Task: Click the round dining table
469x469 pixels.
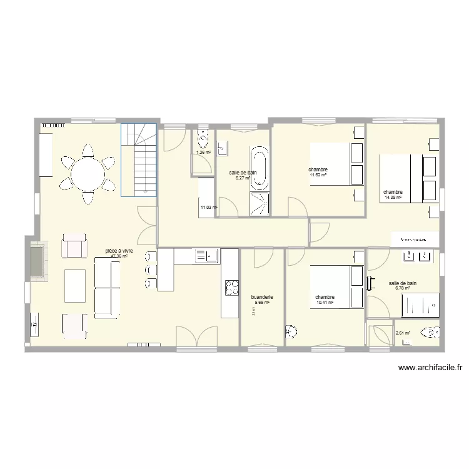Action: tap(88, 173)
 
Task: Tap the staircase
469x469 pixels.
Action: tap(139, 159)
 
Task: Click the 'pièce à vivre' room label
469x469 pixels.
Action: tap(119, 251)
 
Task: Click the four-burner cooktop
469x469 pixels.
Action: tap(231, 287)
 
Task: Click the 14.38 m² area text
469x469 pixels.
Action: tap(393, 198)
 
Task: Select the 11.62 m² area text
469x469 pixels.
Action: tap(318, 175)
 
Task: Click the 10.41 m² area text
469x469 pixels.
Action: tap(325, 303)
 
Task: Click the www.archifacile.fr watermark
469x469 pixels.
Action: tap(430, 368)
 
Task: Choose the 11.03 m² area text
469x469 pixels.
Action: tap(208, 208)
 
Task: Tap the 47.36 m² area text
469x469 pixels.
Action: tap(119, 256)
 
